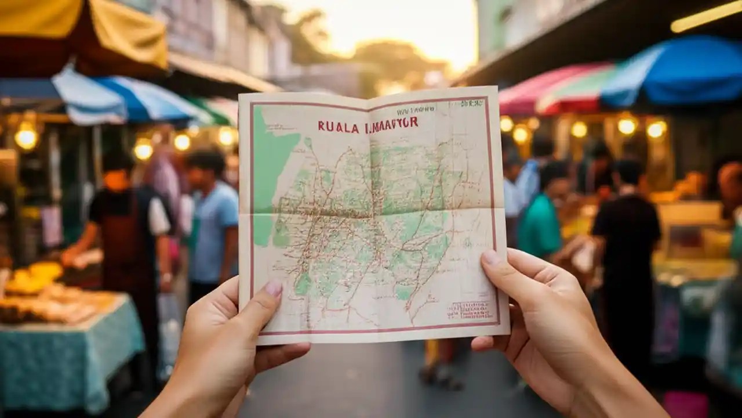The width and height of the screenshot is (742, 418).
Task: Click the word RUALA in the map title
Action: pyautogui.click(x=338, y=127)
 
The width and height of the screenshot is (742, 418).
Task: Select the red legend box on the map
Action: pyautogui.click(x=470, y=309)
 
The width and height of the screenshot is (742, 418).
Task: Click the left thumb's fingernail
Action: pyautogui.click(x=273, y=288)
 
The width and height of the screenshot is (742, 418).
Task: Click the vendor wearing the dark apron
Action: pyautogui.click(x=125, y=226)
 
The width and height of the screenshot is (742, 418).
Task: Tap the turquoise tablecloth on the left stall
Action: pyautogui.click(x=70, y=348)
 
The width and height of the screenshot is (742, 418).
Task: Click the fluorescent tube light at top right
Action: pyautogui.click(x=705, y=16)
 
